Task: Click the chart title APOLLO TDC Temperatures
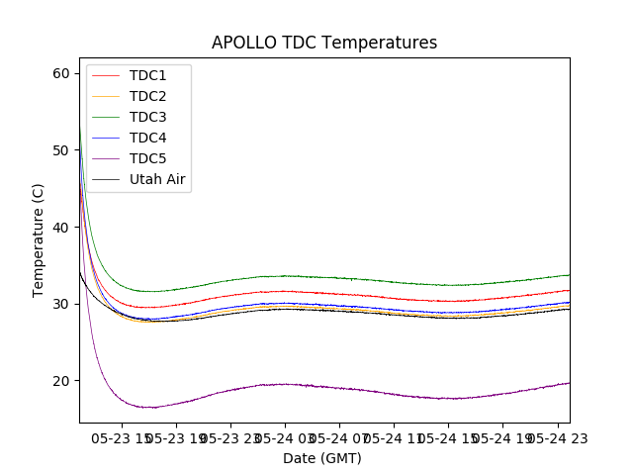pos(324,43)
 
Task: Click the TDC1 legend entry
pos(147,75)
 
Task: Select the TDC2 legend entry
pos(147,96)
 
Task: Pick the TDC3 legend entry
pos(147,117)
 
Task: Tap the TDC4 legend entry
pos(147,138)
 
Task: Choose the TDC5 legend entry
pos(147,158)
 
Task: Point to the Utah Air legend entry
pos(157,179)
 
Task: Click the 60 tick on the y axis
pos(61,73)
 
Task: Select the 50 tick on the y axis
pos(61,150)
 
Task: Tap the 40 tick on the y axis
pos(61,227)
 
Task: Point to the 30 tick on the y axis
pos(61,304)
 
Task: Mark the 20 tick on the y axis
pos(61,381)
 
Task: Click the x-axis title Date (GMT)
pos(322,458)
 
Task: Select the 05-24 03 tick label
pos(285,436)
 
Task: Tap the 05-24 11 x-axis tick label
pos(394,436)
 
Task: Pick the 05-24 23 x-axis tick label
pos(557,436)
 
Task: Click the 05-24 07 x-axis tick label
pos(339,436)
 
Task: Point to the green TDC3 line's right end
pos(569,275)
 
